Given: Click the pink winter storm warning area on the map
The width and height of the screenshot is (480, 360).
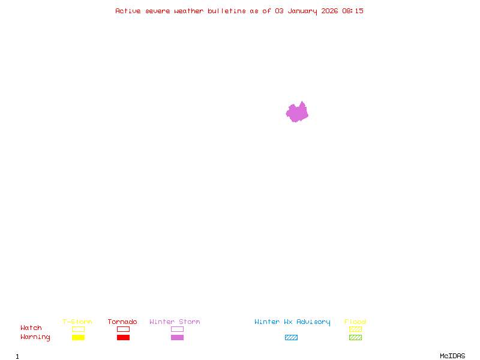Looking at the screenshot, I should tap(297, 112).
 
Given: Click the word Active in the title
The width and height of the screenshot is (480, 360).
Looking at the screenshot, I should tap(128, 11).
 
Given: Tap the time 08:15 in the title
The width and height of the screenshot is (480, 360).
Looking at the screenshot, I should tap(353, 11).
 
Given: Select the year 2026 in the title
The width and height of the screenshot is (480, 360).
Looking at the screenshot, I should tap(329, 11).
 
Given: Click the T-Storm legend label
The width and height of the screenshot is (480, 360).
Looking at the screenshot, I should tap(77, 322).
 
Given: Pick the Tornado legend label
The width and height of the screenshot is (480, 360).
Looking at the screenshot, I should tap(122, 322).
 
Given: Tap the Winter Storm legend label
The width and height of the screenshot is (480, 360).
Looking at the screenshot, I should tap(175, 322).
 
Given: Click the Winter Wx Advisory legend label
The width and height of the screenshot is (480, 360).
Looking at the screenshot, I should tap(292, 322).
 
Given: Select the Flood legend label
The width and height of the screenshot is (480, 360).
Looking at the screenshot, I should tap(355, 322).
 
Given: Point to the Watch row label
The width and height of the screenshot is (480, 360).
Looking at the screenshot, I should tap(31, 328).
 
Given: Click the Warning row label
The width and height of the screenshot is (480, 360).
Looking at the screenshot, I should tap(35, 337).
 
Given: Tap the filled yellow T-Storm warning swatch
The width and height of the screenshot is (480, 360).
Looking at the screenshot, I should tap(78, 338).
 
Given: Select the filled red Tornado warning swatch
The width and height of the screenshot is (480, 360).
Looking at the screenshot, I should tap(123, 338).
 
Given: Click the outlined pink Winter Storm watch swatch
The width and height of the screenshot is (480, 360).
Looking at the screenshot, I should tap(177, 329).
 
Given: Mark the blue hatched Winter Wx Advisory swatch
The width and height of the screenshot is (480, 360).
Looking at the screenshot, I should tap(291, 338).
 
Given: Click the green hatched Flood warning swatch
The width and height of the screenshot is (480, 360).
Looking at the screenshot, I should tap(355, 338).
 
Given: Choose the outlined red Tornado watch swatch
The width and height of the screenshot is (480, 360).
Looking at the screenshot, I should tap(123, 329).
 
